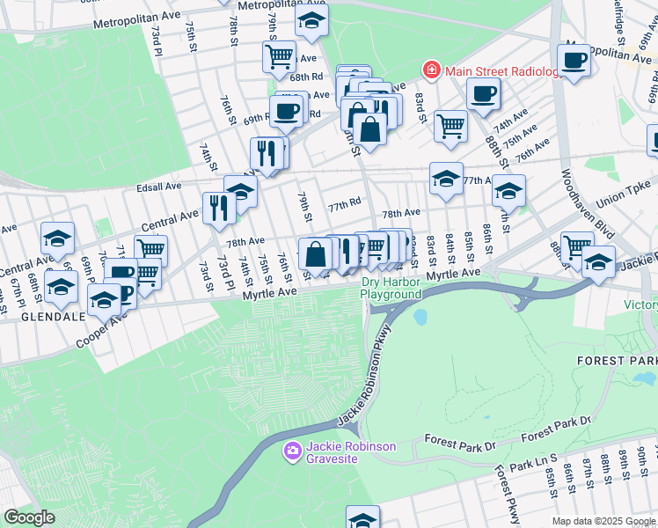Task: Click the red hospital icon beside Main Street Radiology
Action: coord(431,70)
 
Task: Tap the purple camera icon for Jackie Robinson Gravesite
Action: coord(292,452)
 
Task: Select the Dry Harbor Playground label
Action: coord(391,288)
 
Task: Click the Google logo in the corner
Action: coord(29,517)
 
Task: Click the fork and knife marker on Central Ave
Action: coord(217,208)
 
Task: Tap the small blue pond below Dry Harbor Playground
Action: coord(419,315)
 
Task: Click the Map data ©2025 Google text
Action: coord(603,521)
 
